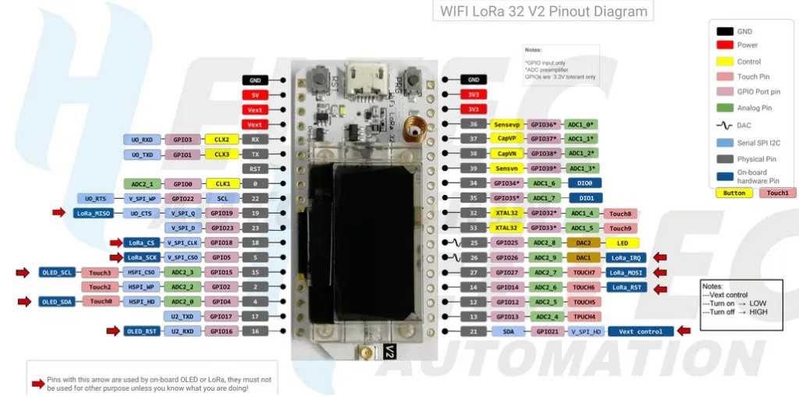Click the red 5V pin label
[x=254, y=94]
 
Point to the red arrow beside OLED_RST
[x=115, y=331]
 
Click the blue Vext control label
[x=640, y=331]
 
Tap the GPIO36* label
[x=543, y=124]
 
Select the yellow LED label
[x=622, y=243]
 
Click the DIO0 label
[x=584, y=183]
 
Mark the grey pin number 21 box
[x=474, y=331]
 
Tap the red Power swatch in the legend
[x=725, y=45]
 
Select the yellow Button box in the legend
[x=734, y=193]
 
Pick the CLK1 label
[x=222, y=183]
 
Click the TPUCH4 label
[x=584, y=317]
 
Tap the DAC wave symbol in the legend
[x=725, y=125]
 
